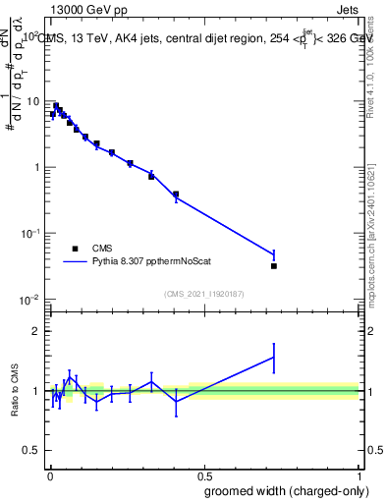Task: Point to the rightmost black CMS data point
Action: pos(274,266)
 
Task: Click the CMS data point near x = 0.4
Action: pos(176,195)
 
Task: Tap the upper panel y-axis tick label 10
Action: pos(32,101)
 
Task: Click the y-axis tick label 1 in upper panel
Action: pos(36,167)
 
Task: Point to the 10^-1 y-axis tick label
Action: pos(29,233)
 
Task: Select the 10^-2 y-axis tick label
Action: pos(29,299)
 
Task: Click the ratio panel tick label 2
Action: pos(36,331)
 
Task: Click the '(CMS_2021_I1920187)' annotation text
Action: pos(203,293)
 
